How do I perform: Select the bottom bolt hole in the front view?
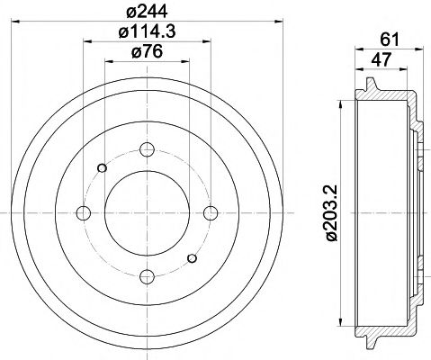point(148,275)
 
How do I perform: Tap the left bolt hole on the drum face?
point(85,212)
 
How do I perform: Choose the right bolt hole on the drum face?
point(211,212)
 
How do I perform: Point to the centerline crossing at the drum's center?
point(148,212)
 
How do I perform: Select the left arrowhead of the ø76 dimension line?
point(108,63)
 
